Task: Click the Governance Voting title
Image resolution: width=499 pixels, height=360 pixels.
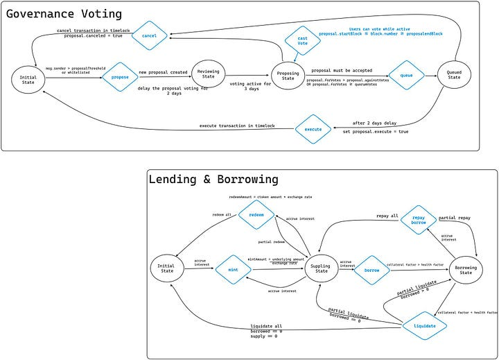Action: (x=66, y=13)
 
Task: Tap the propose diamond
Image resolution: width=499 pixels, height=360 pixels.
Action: (x=121, y=78)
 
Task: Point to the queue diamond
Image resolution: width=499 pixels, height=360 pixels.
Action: (x=406, y=75)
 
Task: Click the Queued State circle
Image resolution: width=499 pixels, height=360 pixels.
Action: (x=455, y=75)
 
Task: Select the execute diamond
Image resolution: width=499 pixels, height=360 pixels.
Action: (x=313, y=130)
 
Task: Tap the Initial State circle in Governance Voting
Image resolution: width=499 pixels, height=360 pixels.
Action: (x=28, y=80)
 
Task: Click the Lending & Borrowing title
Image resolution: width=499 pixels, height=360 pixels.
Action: (x=213, y=179)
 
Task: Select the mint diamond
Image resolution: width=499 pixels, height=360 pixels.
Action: (x=233, y=268)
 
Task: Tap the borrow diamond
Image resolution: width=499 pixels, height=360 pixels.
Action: (x=372, y=268)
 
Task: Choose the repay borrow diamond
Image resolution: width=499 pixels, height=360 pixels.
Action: (x=419, y=220)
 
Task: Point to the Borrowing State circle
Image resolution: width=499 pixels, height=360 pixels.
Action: (x=466, y=268)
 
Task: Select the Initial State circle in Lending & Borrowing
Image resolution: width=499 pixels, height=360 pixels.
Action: (x=167, y=268)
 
